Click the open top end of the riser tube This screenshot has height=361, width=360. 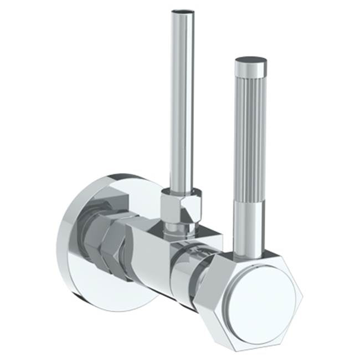tap(183, 11)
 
